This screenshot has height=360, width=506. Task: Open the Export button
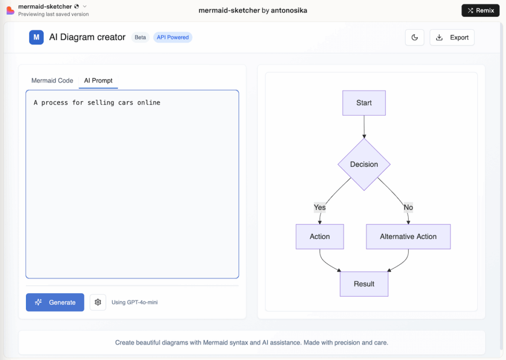point(452,38)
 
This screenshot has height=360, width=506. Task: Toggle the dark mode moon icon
point(415,38)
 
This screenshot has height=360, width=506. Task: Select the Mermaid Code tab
point(52,81)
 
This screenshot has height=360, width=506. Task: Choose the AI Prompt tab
point(98,81)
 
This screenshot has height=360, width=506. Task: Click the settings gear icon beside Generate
point(98,302)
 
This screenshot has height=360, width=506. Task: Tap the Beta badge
point(140,37)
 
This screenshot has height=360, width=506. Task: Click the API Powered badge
point(172,37)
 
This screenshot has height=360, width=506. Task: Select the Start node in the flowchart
point(364,103)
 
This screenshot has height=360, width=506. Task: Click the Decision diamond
point(364,164)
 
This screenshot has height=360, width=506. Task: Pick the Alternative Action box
point(408,236)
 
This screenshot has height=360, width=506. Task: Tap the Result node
point(364,284)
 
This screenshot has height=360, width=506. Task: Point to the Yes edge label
point(320,207)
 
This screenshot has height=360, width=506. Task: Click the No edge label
point(408,207)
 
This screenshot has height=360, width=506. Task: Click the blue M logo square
point(37,37)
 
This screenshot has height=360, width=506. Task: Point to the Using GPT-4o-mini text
point(134,302)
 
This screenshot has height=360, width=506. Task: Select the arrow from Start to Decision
point(364,127)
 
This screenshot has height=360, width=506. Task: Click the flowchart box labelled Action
point(320,236)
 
